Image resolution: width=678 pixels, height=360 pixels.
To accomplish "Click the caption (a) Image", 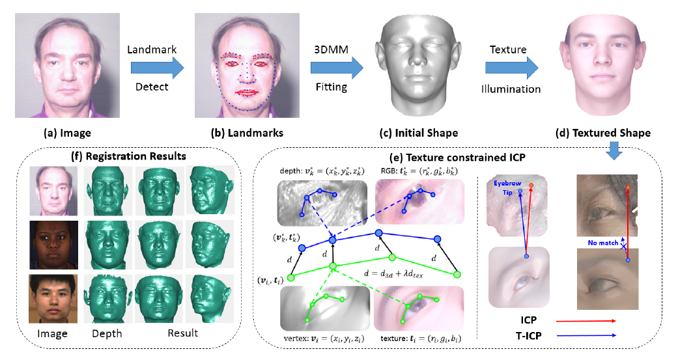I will (x=66, y=133).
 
